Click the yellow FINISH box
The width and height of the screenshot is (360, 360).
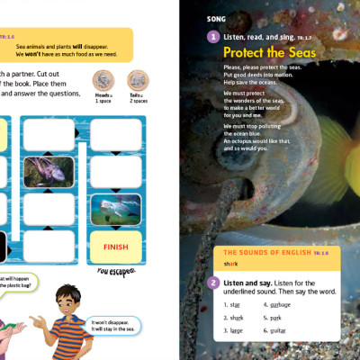pyautogui.click(x=116, y=247)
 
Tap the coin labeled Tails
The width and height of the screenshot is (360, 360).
pyautogui.click(x=137, y=79)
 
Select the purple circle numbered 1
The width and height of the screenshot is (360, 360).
pyautogui.click(x=212, y=37)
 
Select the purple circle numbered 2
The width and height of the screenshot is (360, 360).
pyautogui.click(x=212, y=283)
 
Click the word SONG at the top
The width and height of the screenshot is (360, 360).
pyautogui.click(x=217, y=18)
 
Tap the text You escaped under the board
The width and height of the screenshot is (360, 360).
pyautogui.click(x=117, y=271)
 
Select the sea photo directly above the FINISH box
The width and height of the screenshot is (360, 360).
pyautogui.click(x=115, y=209)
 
